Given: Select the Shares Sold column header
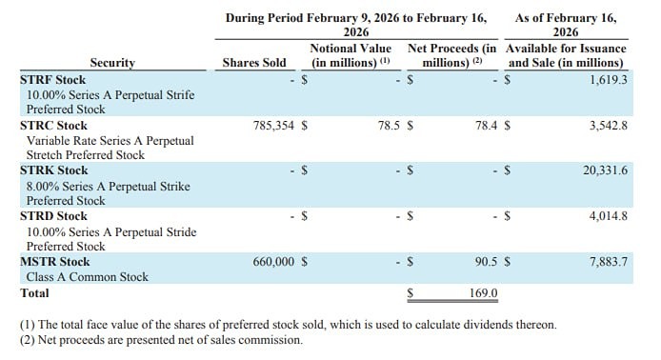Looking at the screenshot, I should click(253, 63).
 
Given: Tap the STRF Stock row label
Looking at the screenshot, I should click(53, 80).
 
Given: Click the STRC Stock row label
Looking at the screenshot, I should click(53, 124).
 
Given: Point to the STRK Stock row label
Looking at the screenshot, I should click(54, 170).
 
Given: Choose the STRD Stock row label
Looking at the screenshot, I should click(54, 216).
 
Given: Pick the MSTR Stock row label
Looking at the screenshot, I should click(55, 261).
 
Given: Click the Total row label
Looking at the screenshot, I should click(36, 293).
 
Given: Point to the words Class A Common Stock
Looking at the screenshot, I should click(88, 277).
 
